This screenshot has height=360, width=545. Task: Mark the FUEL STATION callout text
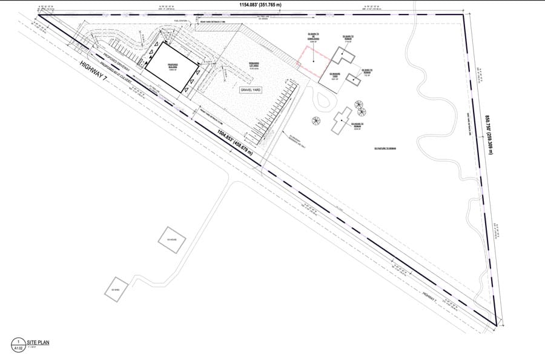180,21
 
